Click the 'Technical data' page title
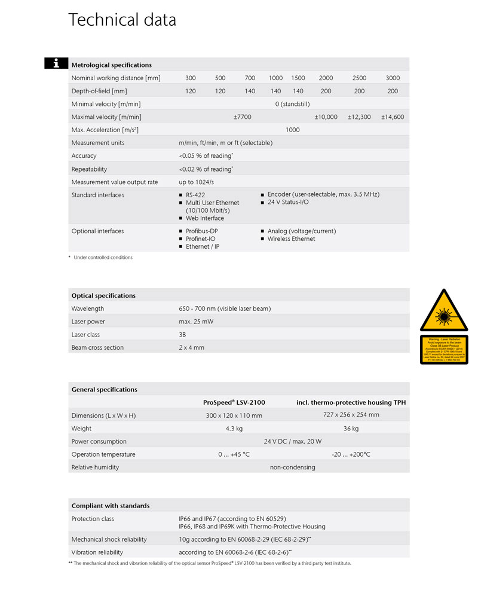pos(122,20)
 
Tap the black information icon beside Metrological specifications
pos(56,63)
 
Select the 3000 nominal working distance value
pos(393,78)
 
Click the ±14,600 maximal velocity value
pos(393,117)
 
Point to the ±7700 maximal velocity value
pos(243,117)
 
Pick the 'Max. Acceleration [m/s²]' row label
pos(105,130)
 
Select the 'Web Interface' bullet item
pos(204,218)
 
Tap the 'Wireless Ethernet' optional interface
pos(291,239)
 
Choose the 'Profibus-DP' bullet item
pos(201,231)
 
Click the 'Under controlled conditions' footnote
pos(103,258)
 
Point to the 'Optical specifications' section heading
pos(103,295)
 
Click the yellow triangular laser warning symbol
pos(444,310)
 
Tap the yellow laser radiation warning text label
pos(444,349)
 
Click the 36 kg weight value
pos(351,429)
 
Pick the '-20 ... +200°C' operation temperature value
pos(351,454)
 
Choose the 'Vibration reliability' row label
pos(97,552)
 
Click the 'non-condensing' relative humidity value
pos(292,467)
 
